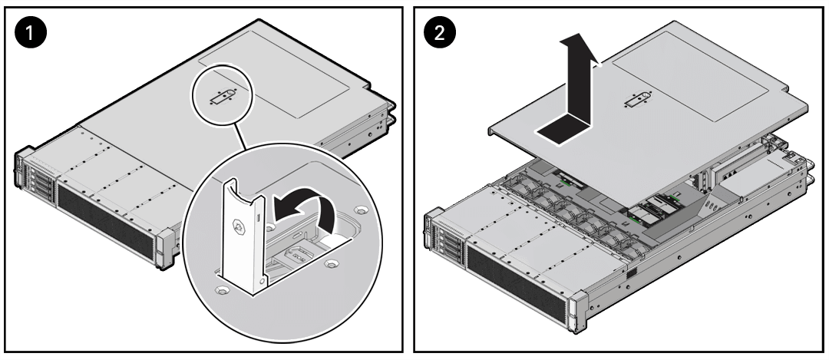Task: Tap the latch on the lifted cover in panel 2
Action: click(638, 101)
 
